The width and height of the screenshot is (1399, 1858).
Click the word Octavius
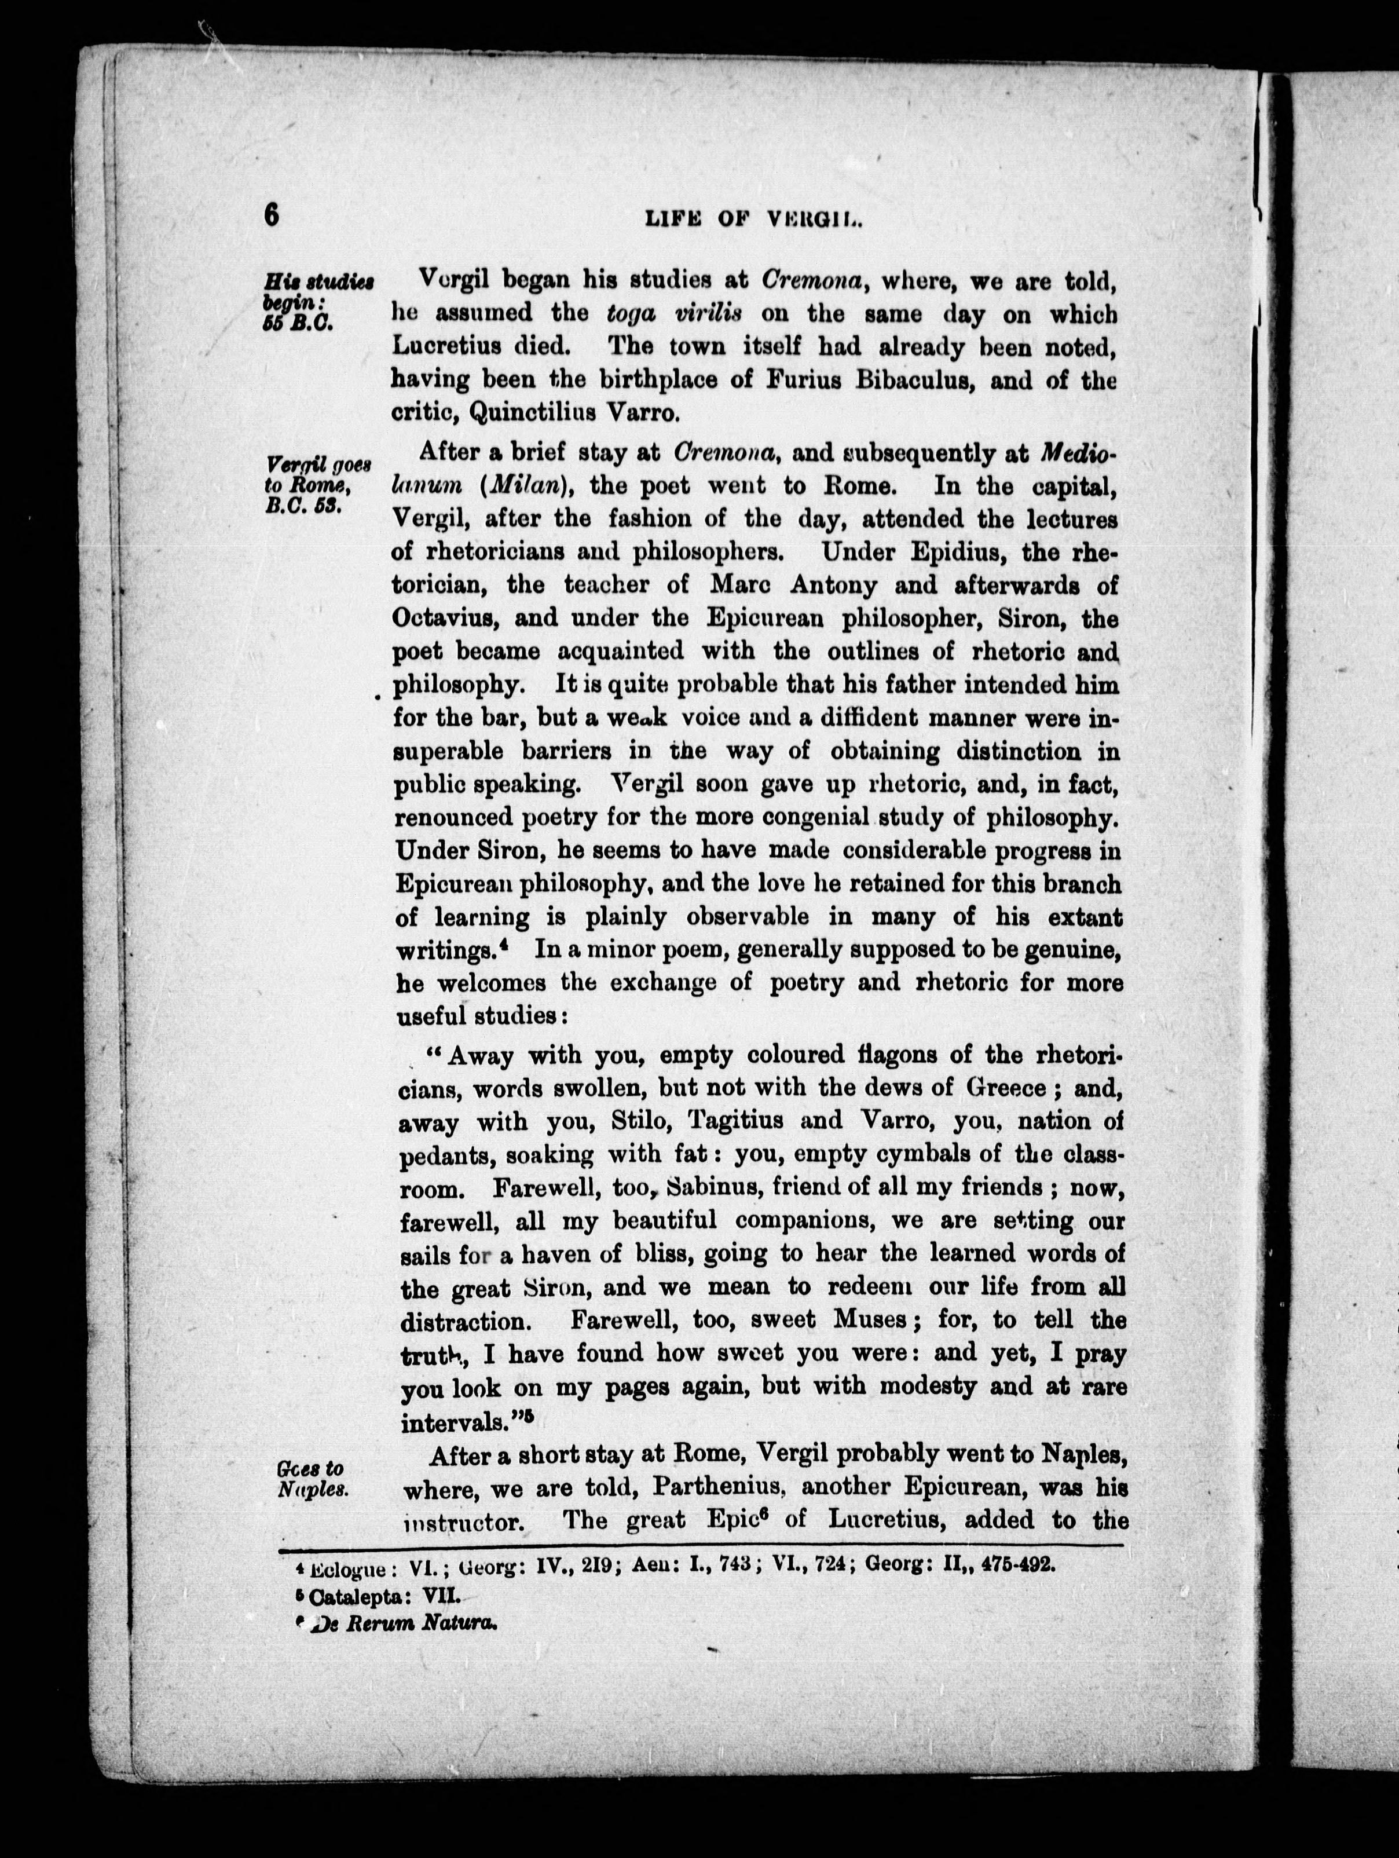point(448,618)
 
